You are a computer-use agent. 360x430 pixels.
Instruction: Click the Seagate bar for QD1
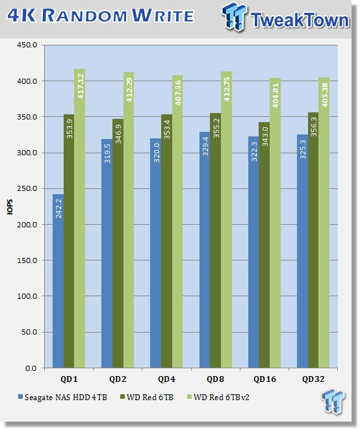[58, 281]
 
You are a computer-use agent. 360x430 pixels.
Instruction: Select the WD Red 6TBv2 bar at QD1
[79, 218]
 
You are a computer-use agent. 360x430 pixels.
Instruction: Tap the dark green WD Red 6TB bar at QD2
[118, 243]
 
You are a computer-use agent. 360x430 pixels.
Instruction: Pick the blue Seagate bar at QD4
[155, 253]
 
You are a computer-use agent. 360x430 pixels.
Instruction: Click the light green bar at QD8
[226, 220]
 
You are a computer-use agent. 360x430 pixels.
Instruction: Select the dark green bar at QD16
[264, 245]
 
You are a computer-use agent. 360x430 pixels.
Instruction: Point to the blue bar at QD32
[302, 251]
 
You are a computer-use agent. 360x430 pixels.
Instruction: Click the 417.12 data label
[81, 86]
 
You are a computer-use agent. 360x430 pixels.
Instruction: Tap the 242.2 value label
[58, 209]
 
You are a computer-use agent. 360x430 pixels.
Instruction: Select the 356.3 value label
[314, 127]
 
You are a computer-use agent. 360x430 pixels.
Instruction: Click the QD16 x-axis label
[264, 379]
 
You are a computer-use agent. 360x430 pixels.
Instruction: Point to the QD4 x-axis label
[166, 379]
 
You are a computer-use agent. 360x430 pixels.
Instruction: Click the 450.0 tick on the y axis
[27, 45]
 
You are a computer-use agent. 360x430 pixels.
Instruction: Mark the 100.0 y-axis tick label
[27, 296]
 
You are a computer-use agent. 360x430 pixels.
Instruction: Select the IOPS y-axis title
[10, 207]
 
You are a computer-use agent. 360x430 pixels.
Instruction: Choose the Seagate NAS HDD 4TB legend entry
[62, 397]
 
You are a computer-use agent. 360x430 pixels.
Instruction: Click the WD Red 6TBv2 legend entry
[218, 397]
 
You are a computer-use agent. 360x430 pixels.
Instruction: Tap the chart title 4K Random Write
[101, 16]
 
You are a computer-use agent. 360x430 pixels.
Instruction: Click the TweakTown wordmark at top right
[300, 19]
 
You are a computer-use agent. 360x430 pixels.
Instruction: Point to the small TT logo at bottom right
[333, 401]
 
